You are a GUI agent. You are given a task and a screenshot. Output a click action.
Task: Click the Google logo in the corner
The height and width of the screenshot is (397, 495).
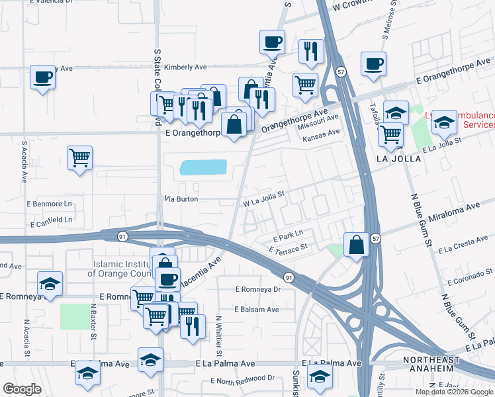pyautogui.click(x=22, y=389)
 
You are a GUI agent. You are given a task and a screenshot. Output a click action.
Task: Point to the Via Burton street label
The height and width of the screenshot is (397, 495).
pyautogui.click(x=181, y=198)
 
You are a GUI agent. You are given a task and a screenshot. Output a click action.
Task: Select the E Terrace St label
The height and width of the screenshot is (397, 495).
pyautogui.click(x=289, y=247)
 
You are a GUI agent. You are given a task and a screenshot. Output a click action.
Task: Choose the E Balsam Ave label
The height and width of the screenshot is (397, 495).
pyautogui.click(x=255, y=309)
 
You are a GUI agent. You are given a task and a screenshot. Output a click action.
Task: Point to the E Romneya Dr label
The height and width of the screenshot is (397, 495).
pyautogui.click(x=258, y=289)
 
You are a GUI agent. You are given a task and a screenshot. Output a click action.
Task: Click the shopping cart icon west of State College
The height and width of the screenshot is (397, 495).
pyautogui.click(x=79, y=158)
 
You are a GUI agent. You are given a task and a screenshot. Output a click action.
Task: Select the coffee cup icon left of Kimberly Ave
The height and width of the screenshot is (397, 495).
pyautogui.click(x=42, y=77)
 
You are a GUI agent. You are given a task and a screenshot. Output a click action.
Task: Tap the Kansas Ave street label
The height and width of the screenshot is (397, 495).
pyautogui.click(x=320, y=132)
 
